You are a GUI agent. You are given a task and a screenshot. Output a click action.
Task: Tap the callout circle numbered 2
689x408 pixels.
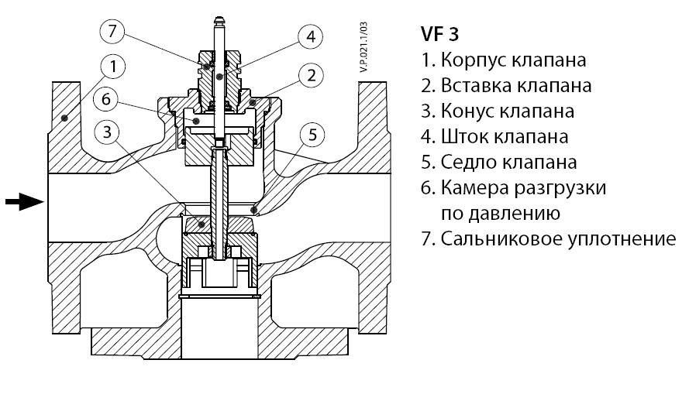click(310, 76)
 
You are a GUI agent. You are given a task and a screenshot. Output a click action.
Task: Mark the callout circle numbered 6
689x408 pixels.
click(108, 100)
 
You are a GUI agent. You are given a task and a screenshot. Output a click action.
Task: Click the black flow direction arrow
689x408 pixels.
click(24, 203)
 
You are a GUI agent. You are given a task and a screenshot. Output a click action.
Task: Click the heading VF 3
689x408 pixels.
click(439, 35)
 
